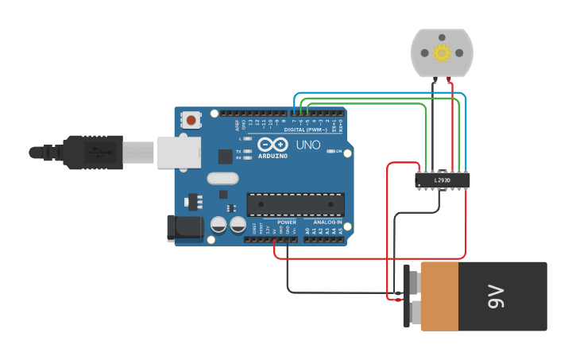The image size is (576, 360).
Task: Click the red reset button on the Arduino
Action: (x=191, y=121)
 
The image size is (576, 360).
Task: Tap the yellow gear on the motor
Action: (x=442, y=52)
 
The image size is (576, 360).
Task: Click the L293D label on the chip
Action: (x=443, y=181)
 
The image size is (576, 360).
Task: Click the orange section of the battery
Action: (x=439, y=296)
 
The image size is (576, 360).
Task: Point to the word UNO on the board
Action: (x=308, y=145)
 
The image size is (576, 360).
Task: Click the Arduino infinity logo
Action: (x=272, y=145)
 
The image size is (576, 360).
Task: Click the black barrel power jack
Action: (x=183, y=228)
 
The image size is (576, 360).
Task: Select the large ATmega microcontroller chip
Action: (x=296, y=204)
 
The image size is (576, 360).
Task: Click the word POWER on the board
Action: (x=287, y=223)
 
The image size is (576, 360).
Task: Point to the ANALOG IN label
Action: (x=327, y=223)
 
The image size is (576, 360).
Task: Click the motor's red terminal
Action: (x=450, y=79)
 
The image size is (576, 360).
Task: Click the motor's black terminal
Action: (x=434, y=79)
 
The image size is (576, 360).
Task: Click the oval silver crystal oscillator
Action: (x=222, y=179)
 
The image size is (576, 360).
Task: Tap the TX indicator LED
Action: (x=248, y=151)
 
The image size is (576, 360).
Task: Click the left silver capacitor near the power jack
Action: (x=218, y=225)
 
